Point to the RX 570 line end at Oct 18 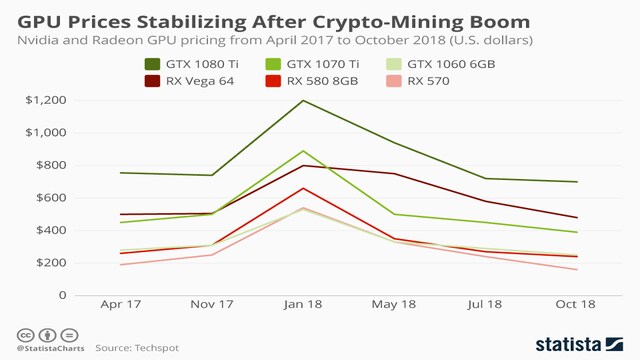(577, 269)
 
